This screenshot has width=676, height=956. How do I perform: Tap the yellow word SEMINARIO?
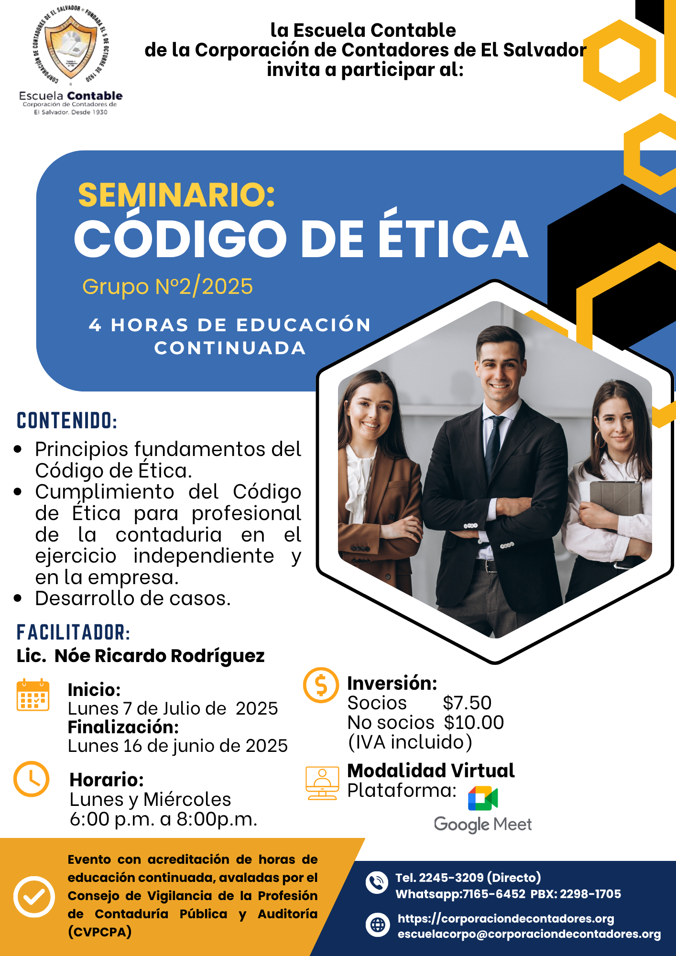(x=177, y=195)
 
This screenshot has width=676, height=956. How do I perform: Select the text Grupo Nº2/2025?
(x=167, y=287)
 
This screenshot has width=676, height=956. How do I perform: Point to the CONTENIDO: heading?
(x=67, y=421)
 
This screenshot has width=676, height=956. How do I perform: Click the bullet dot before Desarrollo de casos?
(x=18, y=598)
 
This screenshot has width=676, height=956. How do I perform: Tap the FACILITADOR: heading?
(x=73, y=632)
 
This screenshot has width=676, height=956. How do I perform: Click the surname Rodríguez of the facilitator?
(x=218, y=656)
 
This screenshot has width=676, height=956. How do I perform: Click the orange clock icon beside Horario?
(x=32, y=779)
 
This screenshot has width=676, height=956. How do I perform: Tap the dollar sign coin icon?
(x=321, y=685)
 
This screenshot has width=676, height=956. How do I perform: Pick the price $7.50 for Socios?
(x=467, y=703)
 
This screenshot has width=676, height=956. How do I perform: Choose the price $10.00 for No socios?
(x=474, y=723)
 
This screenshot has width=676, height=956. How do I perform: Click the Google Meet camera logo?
(x=483, y=798)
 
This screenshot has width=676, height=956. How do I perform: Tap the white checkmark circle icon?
(x=34, y=897)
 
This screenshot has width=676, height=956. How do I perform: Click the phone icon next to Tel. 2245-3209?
(x=377, y=882)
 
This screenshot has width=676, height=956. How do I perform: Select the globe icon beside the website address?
(x=378, y=924)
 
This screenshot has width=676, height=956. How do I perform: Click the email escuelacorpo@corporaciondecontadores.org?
(x=529, y=934)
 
